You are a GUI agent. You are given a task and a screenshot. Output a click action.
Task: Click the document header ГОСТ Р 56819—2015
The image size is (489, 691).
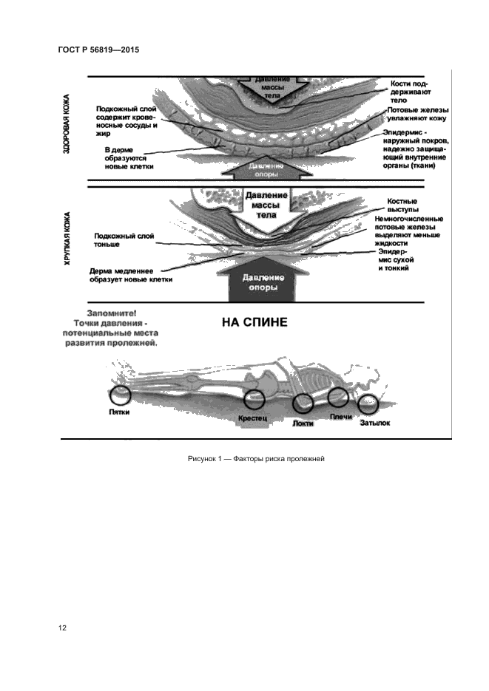click(x=98, y=50)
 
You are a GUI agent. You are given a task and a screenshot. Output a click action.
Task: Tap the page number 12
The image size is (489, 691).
click(x=63, y=628)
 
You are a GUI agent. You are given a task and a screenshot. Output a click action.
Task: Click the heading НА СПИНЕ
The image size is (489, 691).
click(x=254, y=322)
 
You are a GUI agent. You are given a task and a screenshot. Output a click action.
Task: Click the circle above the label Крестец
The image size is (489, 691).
click(x=254, y=400)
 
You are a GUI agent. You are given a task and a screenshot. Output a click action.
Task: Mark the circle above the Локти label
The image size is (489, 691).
click(x=303, y=404)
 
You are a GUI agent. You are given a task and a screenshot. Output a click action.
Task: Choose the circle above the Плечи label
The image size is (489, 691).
click(x=337, y=397)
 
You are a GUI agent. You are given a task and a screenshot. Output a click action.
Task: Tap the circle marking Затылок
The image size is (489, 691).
click(x=368, y=404)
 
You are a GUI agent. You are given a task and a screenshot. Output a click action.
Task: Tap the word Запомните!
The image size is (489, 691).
click(x=112, y=313)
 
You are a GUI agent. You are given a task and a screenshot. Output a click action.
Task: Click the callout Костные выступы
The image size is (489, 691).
click(x=402, y=205)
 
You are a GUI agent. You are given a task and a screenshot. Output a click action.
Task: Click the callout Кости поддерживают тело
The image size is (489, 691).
click(x=410, y=92)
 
